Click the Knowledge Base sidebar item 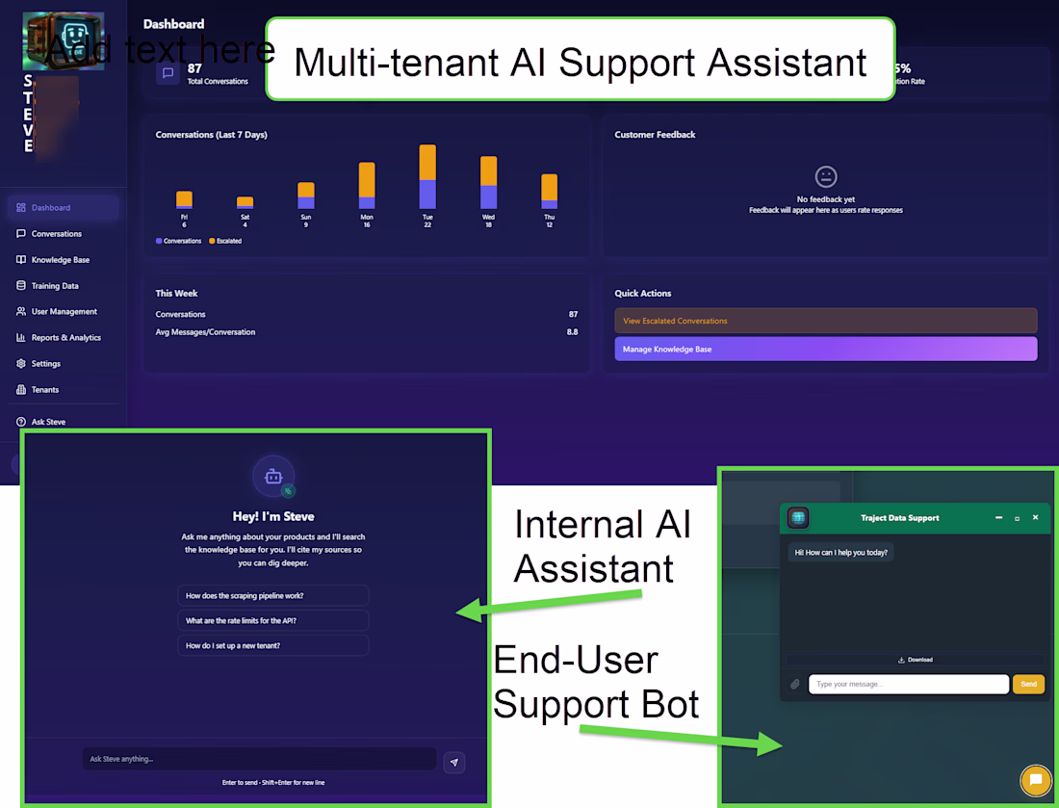point(60,260)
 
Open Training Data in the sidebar point(55,286)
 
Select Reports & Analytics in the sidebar point(65,338)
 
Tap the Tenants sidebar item point(44,390)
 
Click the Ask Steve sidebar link point(48,422)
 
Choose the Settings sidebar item point(45,364)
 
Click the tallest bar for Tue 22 point(427,177)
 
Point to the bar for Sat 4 point(245,202)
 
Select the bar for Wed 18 point(488,183)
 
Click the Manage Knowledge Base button point(825,349)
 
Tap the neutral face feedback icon point(825,176)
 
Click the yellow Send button point(1028,684)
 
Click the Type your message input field point(908,684)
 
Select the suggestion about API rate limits point(272,620)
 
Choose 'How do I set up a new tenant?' point(272,645)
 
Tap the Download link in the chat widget point(915,660)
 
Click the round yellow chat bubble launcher point(1035,780)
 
